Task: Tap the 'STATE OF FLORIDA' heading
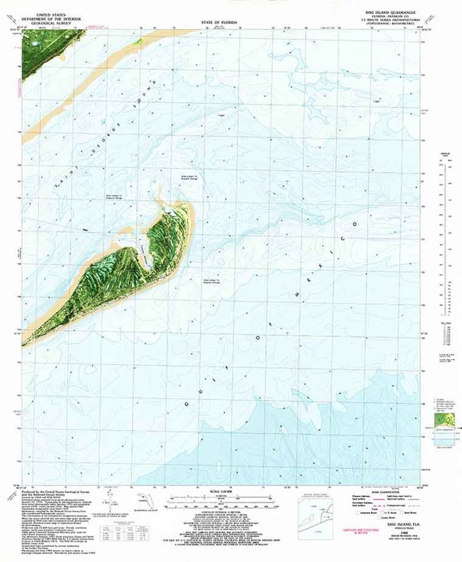click(219, 21)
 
